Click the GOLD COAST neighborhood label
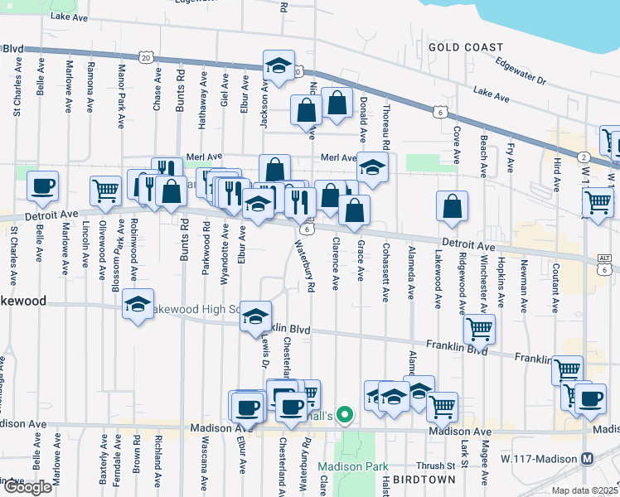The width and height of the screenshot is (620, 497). click(x=466, y=47)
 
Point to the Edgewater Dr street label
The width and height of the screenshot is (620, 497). click(x=521, y=70)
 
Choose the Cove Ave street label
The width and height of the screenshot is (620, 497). click(x=457, y=133)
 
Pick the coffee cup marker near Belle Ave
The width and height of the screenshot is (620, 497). click(x=42, y=186)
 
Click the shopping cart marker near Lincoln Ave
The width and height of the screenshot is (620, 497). click(x=105, y=191)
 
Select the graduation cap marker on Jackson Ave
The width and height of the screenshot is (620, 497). click(x=279, y=64)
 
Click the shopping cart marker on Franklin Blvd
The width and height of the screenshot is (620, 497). click(x=479, y=328)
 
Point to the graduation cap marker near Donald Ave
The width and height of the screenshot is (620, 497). click(x=373, y=166)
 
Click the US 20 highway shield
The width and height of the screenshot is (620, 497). click(x=146, y=57)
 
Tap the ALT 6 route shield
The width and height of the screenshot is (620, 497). click(x=604, y=264)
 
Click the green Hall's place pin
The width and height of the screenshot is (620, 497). click(x=348, y=415)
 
